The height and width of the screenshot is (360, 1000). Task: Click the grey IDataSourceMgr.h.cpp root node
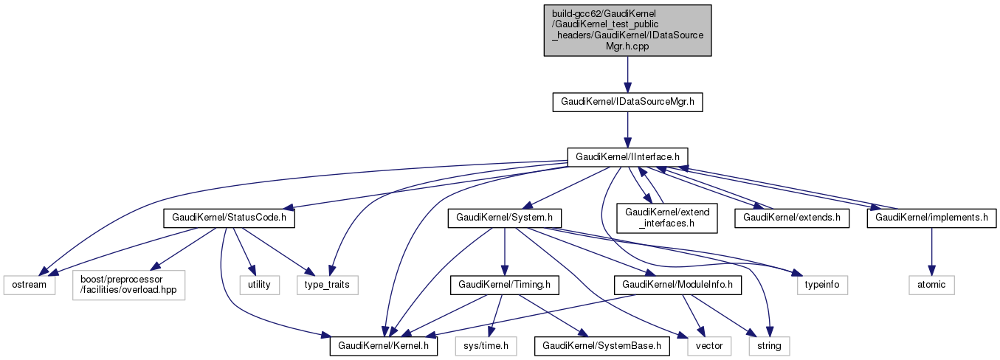[x=627, y=30]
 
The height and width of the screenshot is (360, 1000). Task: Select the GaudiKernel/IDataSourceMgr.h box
[x=627, y=103]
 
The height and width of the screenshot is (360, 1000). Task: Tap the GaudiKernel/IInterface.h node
[x=627, y=156]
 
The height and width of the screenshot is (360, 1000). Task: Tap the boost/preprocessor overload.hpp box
[x=128, y=284]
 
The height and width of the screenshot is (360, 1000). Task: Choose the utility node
[x=259, y=284]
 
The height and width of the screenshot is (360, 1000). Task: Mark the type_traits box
[x=328, y=284]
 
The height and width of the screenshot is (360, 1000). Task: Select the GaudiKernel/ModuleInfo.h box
[x=677, y=284]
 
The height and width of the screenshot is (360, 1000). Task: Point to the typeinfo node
[x=822, y=284]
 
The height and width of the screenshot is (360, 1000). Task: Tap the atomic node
[x=931, y=284]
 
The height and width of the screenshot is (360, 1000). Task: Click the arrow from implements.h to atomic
[x=931, y=251]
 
